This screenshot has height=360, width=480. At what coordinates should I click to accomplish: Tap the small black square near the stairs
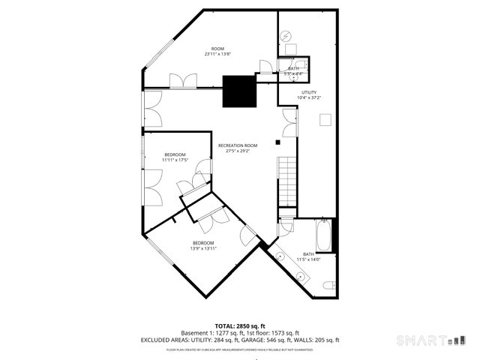(x=277, y=141)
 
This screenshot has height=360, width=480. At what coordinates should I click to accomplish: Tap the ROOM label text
(x=217, y=48)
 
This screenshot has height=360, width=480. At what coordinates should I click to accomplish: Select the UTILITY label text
(x=309, y=92)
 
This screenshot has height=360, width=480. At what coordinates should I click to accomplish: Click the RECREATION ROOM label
(x=238, y=145)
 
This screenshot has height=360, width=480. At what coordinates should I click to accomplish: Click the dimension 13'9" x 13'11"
(x=203, y=248)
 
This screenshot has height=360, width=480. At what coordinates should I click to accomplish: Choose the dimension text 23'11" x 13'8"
(x=217, y=54)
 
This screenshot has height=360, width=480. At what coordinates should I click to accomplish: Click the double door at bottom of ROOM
(x=181, y=80)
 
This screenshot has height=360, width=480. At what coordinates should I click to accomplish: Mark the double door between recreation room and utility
(x=289, y=122)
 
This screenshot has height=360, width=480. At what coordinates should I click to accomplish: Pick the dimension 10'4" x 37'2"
(x=309, y=98)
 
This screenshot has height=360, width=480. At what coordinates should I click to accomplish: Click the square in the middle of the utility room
(x=325, y=119)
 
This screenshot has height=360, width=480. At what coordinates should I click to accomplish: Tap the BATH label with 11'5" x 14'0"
(x=309, y=253)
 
